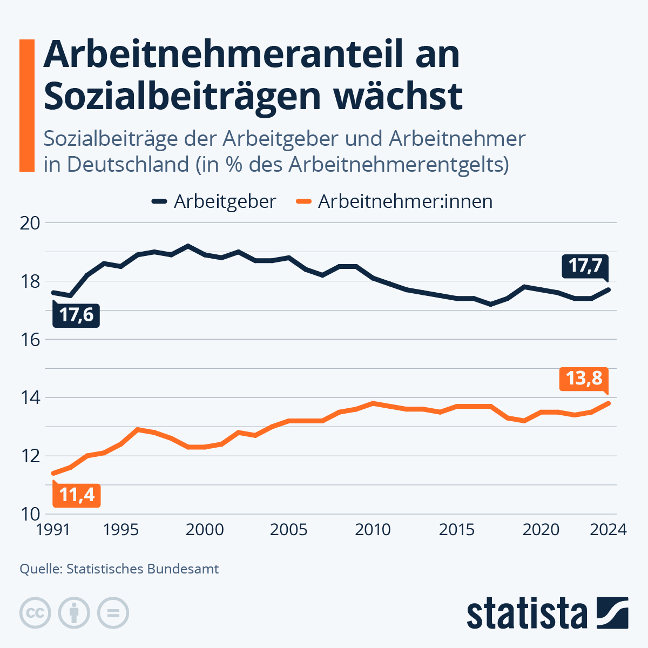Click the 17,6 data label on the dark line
tap(76, 315)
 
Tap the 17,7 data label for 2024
tap(585, 266)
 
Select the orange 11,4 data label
tap(76, 495)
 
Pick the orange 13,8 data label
tap(584, 378)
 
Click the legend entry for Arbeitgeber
tap(214, 201)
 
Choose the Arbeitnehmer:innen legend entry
tap(395, 201)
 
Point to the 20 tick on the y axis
tap(30, 223)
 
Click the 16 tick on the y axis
tap(30, 340)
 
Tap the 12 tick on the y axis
tap(30, 456)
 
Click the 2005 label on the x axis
tap(288, 530)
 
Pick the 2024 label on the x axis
tap(608, 530)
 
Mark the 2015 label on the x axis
tap(457, 530)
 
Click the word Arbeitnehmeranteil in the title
tap(251, 55)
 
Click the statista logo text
tap(526, 613)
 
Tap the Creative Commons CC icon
tap(35, 613)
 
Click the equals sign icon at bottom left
tap(113, 613)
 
